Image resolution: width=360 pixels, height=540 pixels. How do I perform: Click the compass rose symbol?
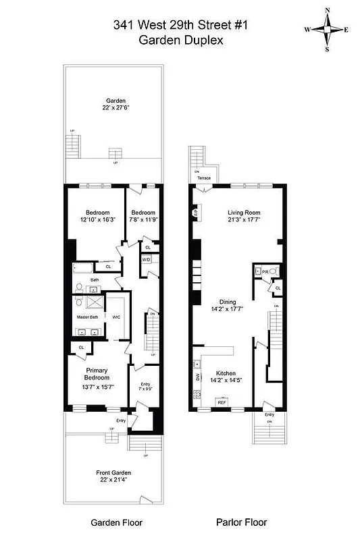pyautogui.click(x=326, y=29)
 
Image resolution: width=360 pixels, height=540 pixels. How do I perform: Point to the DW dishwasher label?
pyautogui.click(x=197, y=377)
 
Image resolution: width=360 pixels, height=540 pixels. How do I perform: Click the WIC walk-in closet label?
pyautogui.click(x=115, y=316)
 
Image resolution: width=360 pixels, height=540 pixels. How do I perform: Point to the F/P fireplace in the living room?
pyautogui.click(x=196, y=215)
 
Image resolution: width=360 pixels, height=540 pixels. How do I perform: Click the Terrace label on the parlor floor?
pyautogui.click(x=204, y=178)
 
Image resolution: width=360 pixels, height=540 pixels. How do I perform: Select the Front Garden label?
pyautogui.click(x=113, y=473)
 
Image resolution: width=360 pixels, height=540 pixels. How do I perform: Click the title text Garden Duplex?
pyautogui.click(x=180, y=40)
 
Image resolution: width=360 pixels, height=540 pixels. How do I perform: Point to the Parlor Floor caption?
pyautogui.click(x=241, y=522)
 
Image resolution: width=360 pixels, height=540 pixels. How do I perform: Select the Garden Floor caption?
pyautogui.click(x=113, y=522)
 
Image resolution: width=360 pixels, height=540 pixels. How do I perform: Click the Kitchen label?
pyautogui.click(x=226, y=373)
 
